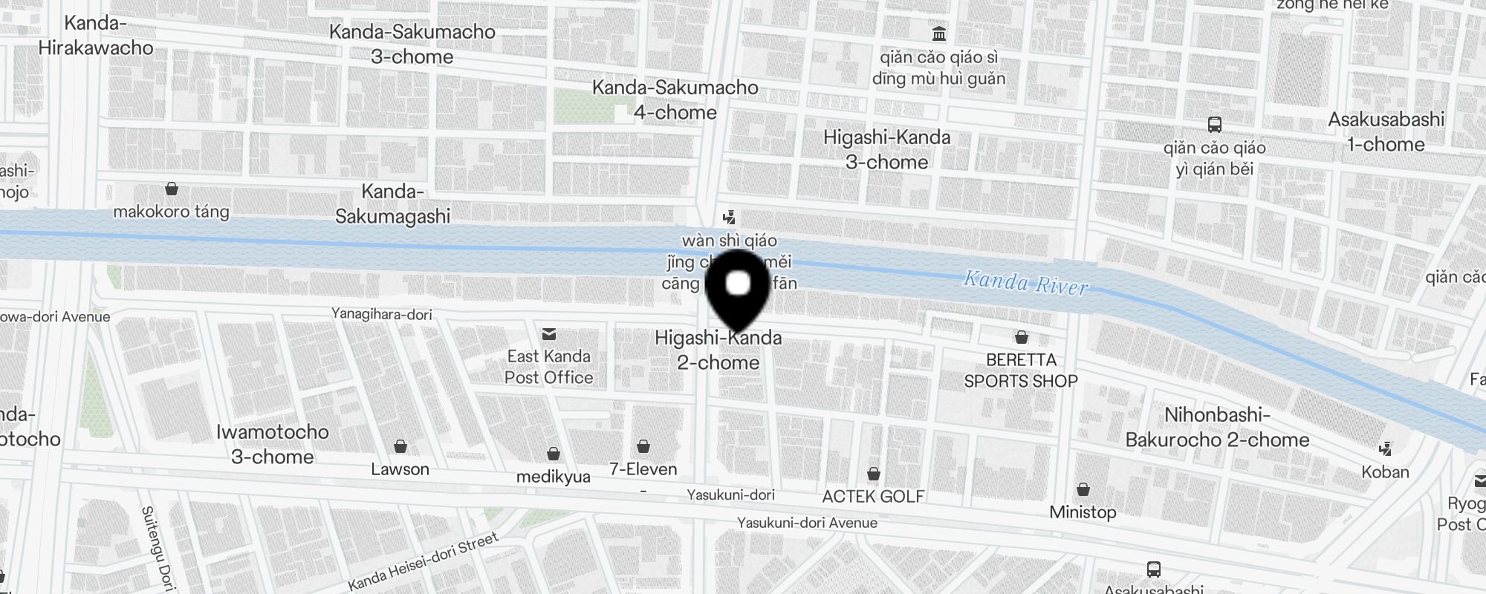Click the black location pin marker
tap(737, 290)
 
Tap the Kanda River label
tap(1025, 283)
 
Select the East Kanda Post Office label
tap(548, 367)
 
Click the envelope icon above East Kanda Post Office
tap(549, 334)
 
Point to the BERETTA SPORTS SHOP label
tap(1021, 370)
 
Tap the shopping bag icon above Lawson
tap(400, 446)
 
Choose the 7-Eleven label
tap(643, 469)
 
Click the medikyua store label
tap(554, 477)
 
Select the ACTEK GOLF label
tap(873, 496)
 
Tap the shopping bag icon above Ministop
tap(1083, 489)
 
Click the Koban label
tap(1385, 471)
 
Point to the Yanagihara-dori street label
tap(382, 314)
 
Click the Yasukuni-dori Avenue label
tap(807, 523)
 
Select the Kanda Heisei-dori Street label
tap(423, 561)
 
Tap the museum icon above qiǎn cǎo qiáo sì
tap(939, 33)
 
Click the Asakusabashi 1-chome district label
tap(1386, 131)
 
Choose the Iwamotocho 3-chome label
tap(273, 444)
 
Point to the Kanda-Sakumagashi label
tap(392, 203)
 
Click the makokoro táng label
tap(171, 212)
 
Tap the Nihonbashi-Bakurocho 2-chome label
tap(1217, 427)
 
